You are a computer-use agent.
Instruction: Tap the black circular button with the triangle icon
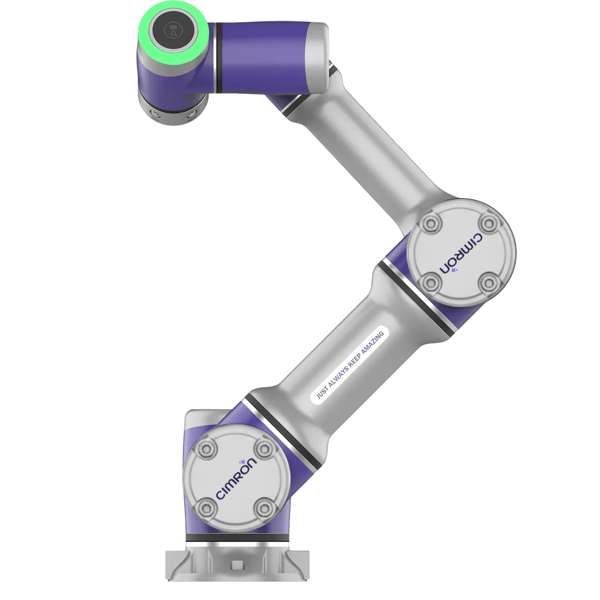point(173,30)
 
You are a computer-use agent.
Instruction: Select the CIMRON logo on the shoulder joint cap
point(236,478)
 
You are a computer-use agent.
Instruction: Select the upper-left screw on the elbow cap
point(431,223)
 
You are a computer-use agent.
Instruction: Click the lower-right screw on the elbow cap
point(489,282)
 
